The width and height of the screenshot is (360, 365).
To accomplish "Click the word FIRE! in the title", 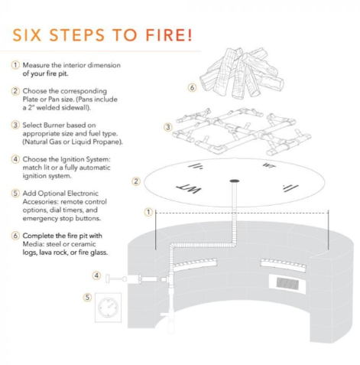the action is point(169,35).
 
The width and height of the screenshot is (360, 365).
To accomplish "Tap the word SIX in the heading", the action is point(27,35).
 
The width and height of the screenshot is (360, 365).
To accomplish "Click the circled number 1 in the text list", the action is point(15,65).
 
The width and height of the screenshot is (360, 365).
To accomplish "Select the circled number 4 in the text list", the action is point(15,159).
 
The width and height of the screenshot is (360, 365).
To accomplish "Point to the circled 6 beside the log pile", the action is point(192,87).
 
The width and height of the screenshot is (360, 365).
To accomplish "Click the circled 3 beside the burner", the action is point(168,127).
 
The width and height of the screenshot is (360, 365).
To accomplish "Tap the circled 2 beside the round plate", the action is point(136,181).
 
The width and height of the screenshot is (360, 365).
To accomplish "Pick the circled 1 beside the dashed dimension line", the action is point(148,212).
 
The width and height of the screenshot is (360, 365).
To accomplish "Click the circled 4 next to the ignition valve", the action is point(96,275).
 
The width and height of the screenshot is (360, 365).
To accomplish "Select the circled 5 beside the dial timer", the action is point(87,297).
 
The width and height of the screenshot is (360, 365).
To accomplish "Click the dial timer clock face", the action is point(108,307).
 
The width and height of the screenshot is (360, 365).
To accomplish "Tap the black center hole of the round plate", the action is point(235,181).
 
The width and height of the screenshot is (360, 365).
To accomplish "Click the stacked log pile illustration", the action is point(242,73).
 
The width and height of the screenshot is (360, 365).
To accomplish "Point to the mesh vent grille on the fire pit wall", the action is point(287,282).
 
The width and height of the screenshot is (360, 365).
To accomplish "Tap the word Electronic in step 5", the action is point(82,194).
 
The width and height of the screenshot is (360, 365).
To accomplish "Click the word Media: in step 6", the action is point(32,244).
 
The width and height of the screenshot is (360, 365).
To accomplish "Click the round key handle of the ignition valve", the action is point(108,279).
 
